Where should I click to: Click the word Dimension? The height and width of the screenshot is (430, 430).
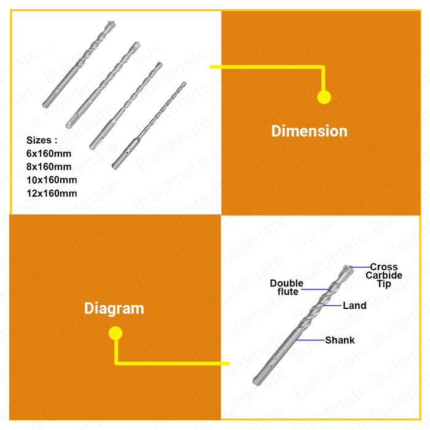point(309,131)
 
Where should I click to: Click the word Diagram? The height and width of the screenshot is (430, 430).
point(114,308)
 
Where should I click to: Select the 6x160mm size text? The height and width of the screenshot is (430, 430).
point(49,154)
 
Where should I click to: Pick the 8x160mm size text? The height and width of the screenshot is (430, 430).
point(49,166)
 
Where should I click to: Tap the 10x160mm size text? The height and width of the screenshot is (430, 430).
point(52,180)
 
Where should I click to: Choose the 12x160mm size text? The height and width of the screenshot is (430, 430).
point(52,193)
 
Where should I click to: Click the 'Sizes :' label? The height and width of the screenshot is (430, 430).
point(42,140)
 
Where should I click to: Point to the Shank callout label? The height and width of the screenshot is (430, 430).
point(340,340)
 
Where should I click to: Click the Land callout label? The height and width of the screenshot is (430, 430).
point(354,305)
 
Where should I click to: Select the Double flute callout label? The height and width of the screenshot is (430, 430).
point(287,287)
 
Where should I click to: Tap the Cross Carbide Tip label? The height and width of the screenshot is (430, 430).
point(384,275)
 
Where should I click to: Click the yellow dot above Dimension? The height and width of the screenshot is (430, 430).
point(324,97)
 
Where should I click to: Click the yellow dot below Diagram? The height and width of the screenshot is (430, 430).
point(115,333)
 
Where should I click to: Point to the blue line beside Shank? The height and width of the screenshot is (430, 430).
point(311,340)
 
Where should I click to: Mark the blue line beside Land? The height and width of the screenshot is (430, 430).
point(332,305)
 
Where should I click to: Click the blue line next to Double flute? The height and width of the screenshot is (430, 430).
point(315,289)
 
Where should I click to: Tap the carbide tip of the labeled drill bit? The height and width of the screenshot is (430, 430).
point(348,268)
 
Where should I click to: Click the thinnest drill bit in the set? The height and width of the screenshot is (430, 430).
point(149,125)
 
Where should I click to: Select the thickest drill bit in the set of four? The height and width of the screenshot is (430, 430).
point(79,64)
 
